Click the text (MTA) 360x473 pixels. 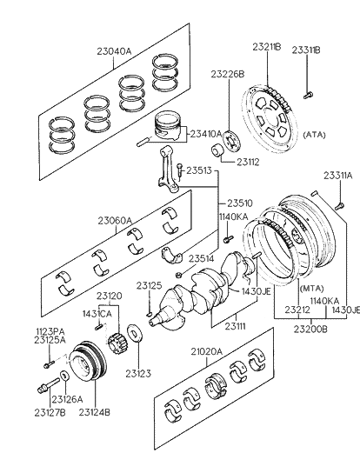(x=311, y=287)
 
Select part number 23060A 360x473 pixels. (x=115, y=221)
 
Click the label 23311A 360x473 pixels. (x=337, y=176)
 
